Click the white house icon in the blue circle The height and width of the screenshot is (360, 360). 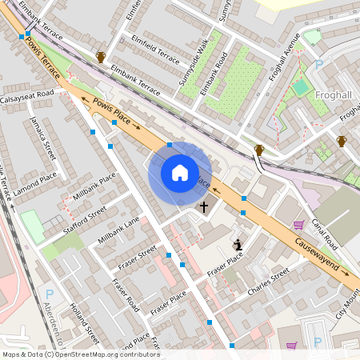click(x=180, y=173)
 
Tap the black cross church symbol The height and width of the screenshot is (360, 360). click(x=203, y=207)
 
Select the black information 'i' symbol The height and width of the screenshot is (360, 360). click(x=238, y=244)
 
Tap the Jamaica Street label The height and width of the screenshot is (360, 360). click(x=45, y=138)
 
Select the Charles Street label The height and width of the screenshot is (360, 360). click(x=267, y=284)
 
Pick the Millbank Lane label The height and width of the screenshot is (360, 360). click(x=118, y=230)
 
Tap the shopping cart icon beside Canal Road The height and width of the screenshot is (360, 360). click(x=298, y=225)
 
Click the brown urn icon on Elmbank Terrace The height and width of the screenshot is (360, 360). click(x=101, y=57)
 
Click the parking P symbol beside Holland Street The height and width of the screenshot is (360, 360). click(x=50, y=294)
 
